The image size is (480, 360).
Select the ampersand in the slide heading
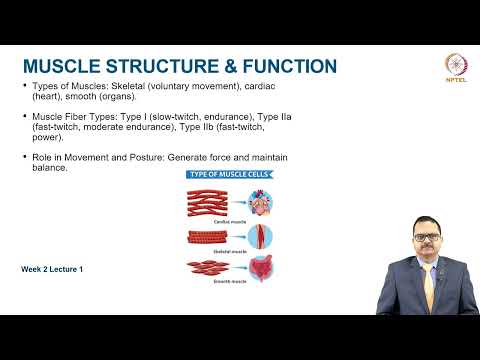click(215, 67)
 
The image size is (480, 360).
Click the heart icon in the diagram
click(260, 203)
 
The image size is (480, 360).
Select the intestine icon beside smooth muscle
click(260, 270)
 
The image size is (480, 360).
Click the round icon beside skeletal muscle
click(260, 237)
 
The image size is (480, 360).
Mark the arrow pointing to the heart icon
click(241, 203)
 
